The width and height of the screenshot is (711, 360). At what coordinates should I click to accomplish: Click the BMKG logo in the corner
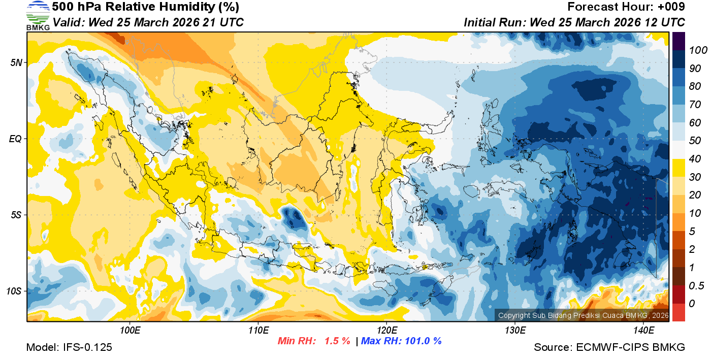click(38, 15)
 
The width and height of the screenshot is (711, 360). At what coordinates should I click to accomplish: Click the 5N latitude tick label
click(16, 62)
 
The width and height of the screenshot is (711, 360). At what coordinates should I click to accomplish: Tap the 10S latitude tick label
click(14, 291)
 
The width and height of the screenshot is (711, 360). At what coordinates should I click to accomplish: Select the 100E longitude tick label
click(130, 330)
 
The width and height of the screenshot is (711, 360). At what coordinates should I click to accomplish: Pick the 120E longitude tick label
click(386, 330)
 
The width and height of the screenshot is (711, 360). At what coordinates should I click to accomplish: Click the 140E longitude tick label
click(643, 330)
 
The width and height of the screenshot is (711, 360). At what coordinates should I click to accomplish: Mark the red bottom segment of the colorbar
click(678, 312)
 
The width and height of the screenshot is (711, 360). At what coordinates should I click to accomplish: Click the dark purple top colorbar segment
click(678, 40)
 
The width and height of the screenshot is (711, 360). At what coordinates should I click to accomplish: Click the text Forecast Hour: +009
click(626, 7)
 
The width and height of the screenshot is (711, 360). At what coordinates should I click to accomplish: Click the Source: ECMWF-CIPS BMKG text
click(609, 347)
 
